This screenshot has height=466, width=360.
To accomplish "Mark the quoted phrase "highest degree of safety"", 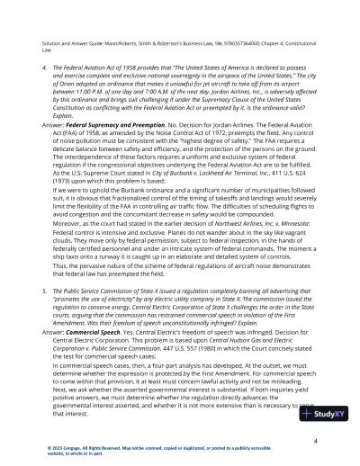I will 210,164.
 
